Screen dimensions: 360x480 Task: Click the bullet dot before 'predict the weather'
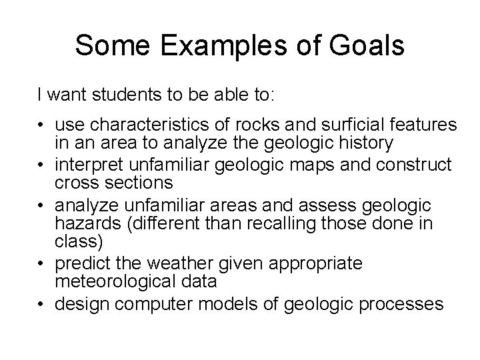click(42, 264)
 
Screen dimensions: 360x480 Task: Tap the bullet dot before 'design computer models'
click(42, 305)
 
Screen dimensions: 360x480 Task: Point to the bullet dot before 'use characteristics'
click(42, 125)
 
